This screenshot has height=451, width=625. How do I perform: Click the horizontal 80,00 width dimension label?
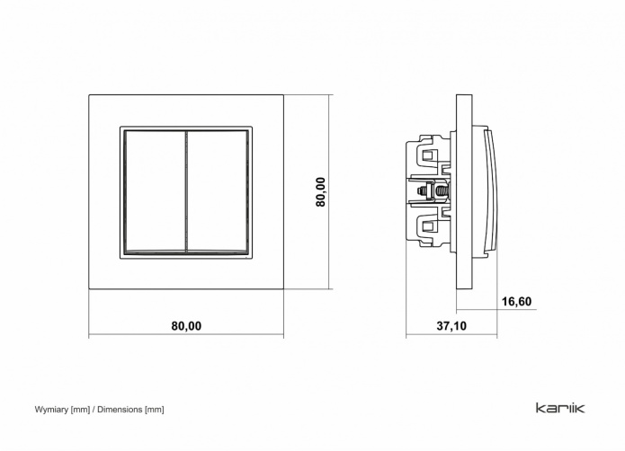[186, 326]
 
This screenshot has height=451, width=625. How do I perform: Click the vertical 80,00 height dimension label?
[320, 192]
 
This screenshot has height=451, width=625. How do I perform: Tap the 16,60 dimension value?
[516, 301]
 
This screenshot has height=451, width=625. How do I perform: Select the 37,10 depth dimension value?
[451, 326]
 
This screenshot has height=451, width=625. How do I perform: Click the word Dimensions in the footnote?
[120, 410]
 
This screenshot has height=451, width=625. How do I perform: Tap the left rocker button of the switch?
[155, 192]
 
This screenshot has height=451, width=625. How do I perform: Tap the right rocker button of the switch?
[218, 192]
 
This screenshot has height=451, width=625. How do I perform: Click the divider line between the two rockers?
[186, 192]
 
